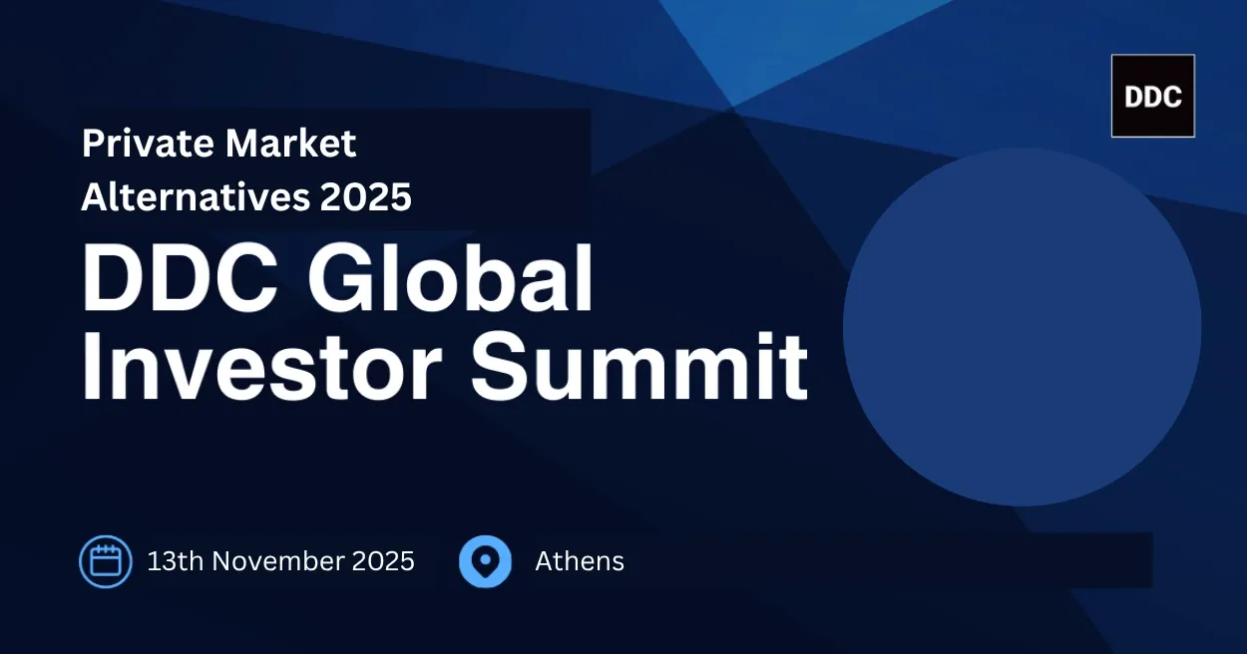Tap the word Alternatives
(x=196, y=197)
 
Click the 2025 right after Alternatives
(x=366, y=197)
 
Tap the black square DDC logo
(x=1152, y=96)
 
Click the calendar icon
(x=106, y=561)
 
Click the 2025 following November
(x=382, y=561)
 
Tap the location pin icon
(x=485, y=561)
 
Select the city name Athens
(x=580, y=561)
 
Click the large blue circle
(x=1022, y=327)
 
